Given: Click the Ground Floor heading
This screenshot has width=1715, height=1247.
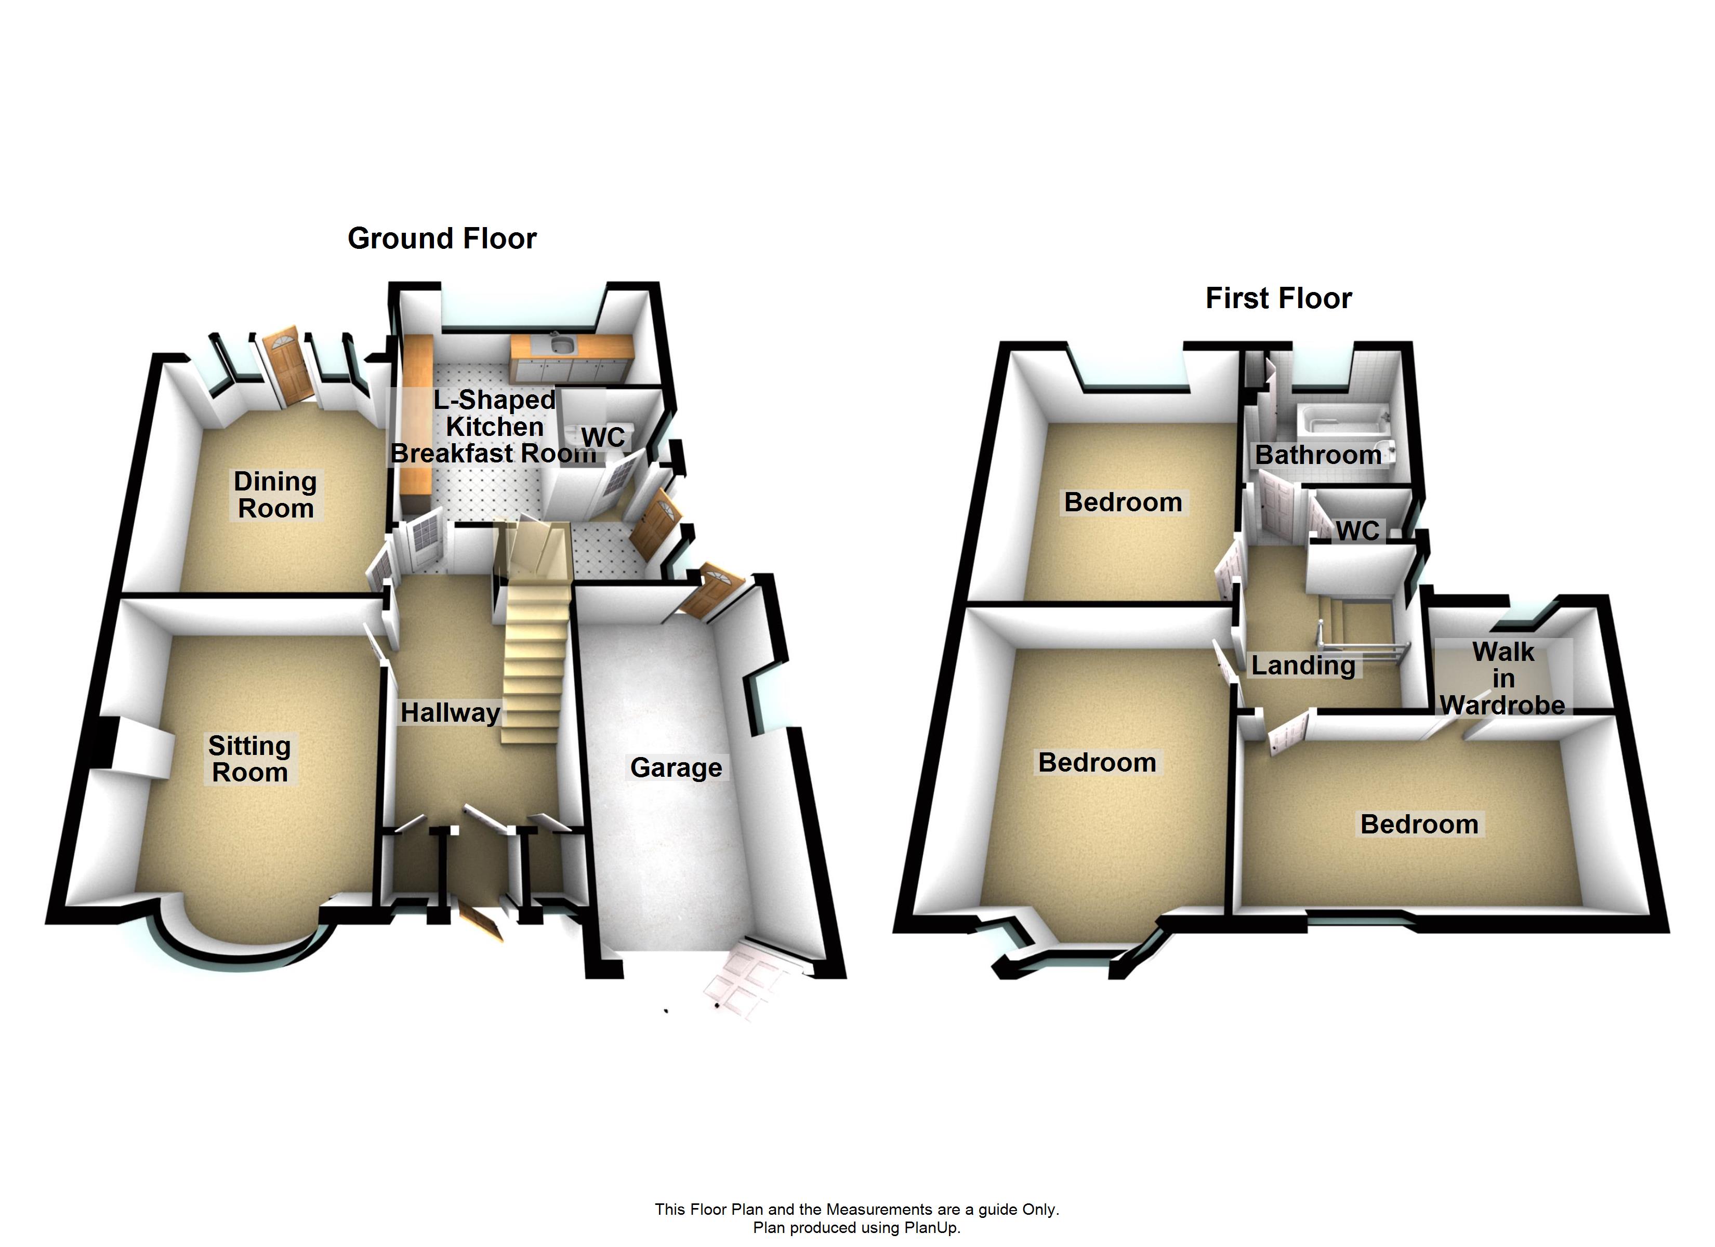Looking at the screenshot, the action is click(442, 239).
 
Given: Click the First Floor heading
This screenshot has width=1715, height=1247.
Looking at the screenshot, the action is click(1278, 299).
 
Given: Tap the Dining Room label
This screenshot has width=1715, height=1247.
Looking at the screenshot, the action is click(275, 495).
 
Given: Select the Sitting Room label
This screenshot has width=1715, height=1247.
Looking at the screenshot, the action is click(249, 759).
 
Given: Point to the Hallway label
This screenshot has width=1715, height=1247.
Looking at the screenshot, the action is click(450, 712).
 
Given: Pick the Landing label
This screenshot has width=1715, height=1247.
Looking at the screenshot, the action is click(1303, 666).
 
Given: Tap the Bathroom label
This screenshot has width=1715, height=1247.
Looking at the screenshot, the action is click(1318, 455).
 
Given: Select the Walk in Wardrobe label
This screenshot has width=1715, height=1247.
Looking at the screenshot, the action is click(1502, 679).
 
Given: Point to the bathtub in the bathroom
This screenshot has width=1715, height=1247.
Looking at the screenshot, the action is click(1343, 420).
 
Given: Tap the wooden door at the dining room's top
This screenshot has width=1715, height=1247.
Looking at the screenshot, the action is click(289, 367).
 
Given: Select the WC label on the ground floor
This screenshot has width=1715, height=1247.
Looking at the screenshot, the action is click(603, 437).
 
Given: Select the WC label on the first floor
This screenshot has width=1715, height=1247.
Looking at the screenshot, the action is click(1357, 531).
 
